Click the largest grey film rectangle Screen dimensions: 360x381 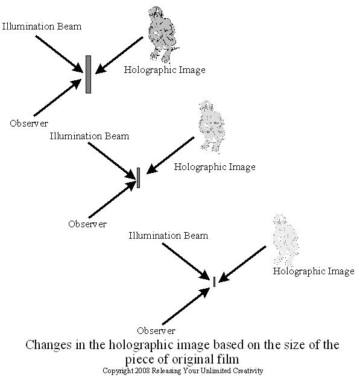pyautogui.click(x=88, y=74)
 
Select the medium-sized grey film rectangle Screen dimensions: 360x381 pyautogui.click(x=138, y=178)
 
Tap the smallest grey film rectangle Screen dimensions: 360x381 pyautogui.click(x=214, y=282)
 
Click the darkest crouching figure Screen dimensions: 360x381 pyautogui.click(x=163, y=34)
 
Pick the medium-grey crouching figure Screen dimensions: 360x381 pyautogui.click(x=212, y=127)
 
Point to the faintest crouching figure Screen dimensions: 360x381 pyautogui.click(x=286, y=240)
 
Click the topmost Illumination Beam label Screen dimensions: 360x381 pyautogui.click(x=42, y=27)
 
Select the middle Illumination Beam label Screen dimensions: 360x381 pyautogui.click(x=89, y=136)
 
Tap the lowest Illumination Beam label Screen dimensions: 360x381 pyautogui.click(x=168, y=236)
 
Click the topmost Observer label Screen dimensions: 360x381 pyautogui.click(x=29, y=123)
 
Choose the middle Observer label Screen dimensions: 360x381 pyautogui.click(x=87, y=224)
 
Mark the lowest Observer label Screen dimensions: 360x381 pyautogui.click(x=156, y=330)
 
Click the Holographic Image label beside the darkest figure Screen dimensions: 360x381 pyautogui.click(x=165, y=70)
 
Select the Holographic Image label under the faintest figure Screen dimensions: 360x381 pyautogui.click(x=314, y=271)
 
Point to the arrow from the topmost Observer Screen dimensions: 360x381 pyautogui.click(x=58, y=98)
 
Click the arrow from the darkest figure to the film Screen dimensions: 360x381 pyautogui.click(x=119, y=55)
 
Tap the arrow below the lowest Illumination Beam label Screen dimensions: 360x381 pyautogui.click(x=186, y=262)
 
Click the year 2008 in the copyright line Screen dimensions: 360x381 pyautogui.click(x=142, y=371)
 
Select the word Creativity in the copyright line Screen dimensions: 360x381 pyautogui.click(x=248, y=371)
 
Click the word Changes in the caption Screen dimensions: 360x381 pyautogui.click(x=49, y=345)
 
